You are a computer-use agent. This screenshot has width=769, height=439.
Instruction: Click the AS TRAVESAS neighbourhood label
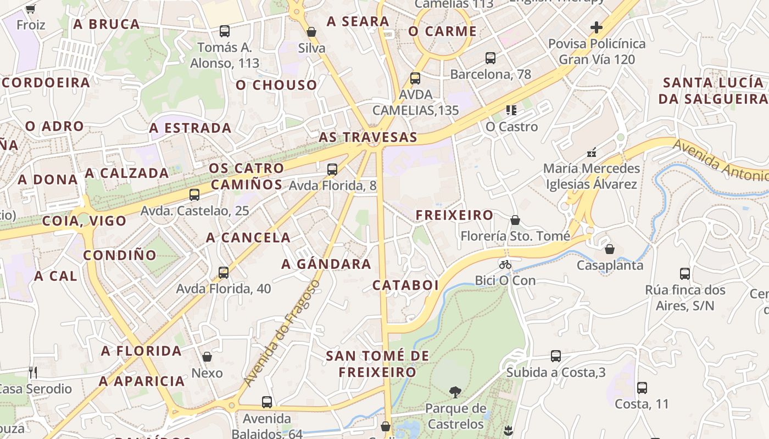tap(367, 137)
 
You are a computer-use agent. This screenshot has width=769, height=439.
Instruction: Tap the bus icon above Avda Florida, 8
tap(332, 170)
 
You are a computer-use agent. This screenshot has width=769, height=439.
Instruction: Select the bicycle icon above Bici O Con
tap(505, 264)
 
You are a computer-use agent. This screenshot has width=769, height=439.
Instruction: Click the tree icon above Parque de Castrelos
tap(455, 392)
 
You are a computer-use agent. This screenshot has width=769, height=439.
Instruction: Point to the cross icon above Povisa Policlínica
tap(597, 27)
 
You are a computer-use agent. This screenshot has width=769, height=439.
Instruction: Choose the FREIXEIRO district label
tap(454, 215)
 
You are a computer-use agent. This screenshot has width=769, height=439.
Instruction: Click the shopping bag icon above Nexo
tap(207, 357)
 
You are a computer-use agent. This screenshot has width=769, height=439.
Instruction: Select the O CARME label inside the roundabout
tap(442, 31)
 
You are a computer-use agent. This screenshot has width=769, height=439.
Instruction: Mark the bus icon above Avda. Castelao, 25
tap(194, 195)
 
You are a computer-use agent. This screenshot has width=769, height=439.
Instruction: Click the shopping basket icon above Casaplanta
tap(610, 250)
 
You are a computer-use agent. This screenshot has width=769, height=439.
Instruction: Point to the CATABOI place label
tap(405, 285)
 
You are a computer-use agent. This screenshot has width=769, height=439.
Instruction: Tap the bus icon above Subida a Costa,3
tap(556, 356)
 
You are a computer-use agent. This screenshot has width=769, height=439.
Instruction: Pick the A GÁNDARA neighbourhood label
tap(326, 264)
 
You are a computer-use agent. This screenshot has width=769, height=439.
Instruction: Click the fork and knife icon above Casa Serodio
tap(33, 373)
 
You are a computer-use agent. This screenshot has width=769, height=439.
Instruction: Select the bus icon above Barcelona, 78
tap(491, 58)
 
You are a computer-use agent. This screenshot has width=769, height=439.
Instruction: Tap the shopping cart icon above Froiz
tap(31, 9)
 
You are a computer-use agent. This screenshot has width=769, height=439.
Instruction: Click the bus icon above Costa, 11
tap(642, 388)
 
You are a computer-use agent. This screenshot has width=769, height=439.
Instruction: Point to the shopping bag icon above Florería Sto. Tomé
tap(515, 221)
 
